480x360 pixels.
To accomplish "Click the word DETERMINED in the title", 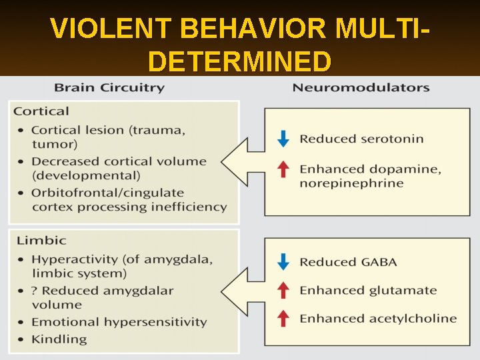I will pos(240,62).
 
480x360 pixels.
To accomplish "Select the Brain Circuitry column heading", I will pos(109,87).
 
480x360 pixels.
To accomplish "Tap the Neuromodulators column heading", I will pos(361,87).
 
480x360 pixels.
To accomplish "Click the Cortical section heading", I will pos(41,111).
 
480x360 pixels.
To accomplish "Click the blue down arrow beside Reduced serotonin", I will pos(283,139).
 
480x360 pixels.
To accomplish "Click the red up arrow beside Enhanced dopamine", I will pos(283,169).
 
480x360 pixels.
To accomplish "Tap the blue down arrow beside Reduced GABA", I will pos(283,262).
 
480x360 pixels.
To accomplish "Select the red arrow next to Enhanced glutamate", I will pos(283,290).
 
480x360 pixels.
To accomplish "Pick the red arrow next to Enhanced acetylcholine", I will pos(283,319).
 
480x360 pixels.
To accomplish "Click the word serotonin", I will pos(392,139).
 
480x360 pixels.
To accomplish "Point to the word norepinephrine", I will pos(351,183).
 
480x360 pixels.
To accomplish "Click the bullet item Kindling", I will pos(59,339).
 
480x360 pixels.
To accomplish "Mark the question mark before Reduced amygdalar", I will pos(35,290).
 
